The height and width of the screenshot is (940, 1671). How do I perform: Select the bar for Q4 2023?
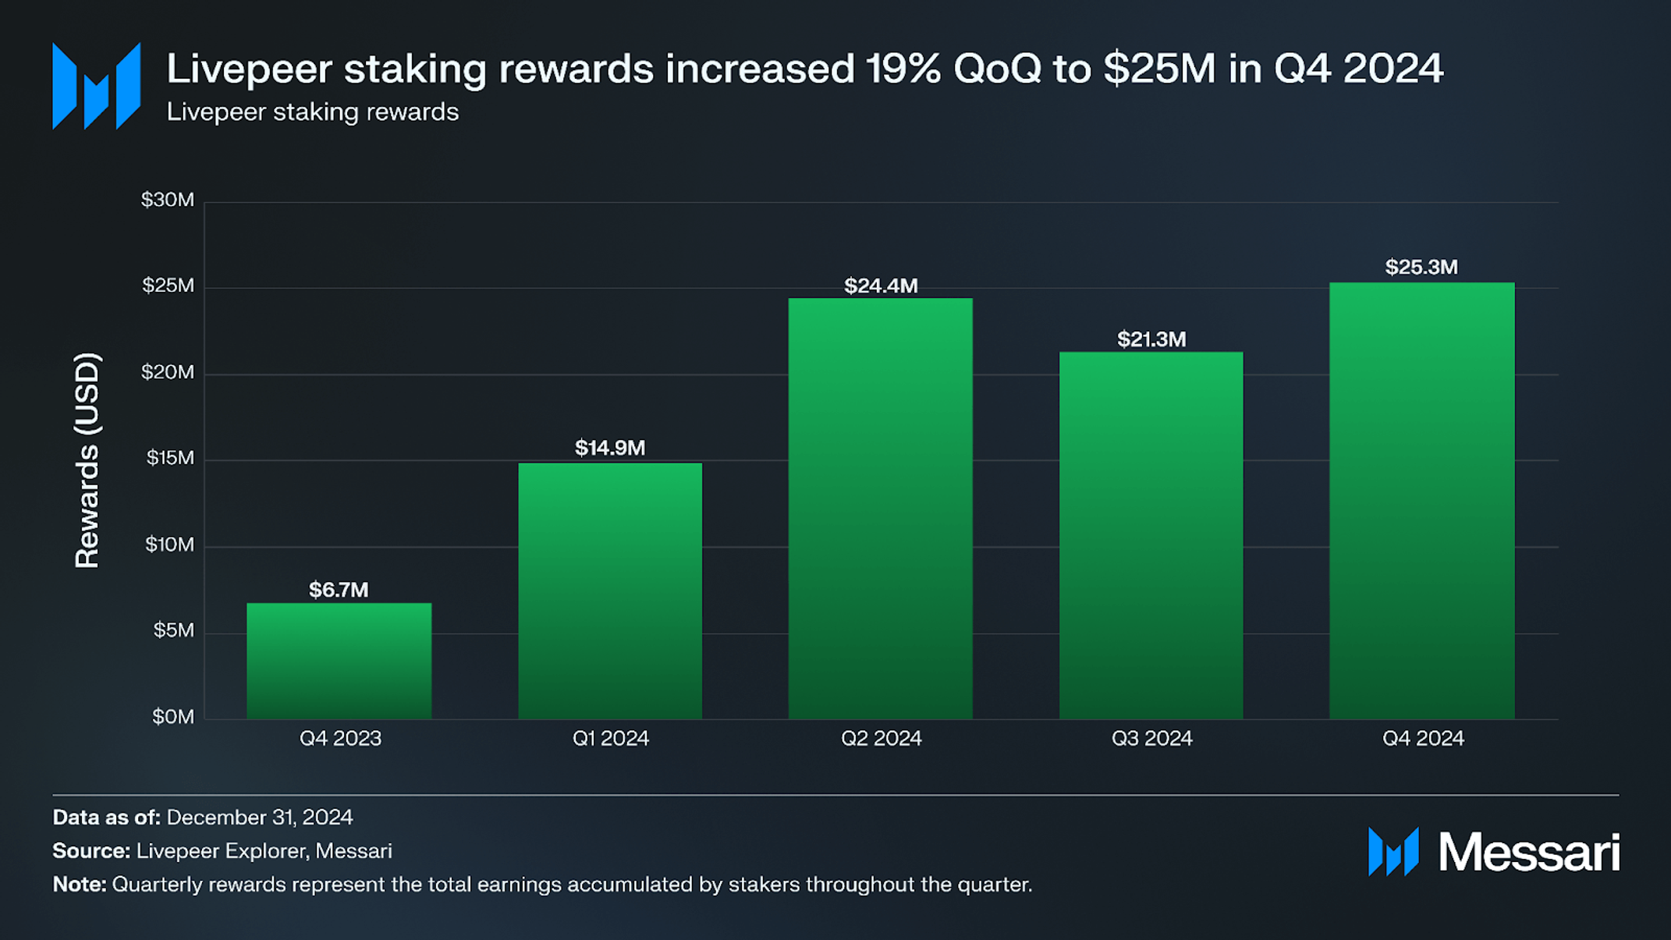tap(339, 661)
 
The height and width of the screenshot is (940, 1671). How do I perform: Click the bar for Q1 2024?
tap(610, 591)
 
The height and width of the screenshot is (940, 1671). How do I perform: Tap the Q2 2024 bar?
tap(881, 508)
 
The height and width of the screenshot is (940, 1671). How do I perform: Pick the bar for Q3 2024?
tap(1151, 535)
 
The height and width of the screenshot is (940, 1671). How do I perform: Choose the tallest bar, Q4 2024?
tap(1421, 500)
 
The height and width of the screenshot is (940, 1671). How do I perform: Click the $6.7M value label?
tap(339, 590)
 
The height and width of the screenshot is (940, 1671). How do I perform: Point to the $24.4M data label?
tap(881, 286)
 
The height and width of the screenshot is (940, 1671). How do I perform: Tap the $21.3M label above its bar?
tap(1151, 339)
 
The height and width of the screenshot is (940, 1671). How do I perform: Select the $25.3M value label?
tap(1421, 267)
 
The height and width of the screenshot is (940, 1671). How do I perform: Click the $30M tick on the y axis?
tap(168, 200)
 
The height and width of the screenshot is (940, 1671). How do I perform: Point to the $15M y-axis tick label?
tap(170, 458)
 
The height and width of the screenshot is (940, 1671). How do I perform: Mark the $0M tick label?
tap(172, 716)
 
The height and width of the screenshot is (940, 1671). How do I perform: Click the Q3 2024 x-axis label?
tap(1151, 738)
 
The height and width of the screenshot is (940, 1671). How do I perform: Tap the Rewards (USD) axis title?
tap(87, 460)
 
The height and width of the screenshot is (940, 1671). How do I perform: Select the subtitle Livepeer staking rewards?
tap(312, 112)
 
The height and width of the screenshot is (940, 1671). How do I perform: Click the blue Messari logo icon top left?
tap(96, 86)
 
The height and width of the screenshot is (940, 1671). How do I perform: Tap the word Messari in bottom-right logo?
tap(1528, 852)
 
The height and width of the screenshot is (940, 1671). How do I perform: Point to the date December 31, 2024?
tap(259, 817)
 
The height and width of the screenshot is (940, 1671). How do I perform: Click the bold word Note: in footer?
tap(79, 884)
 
